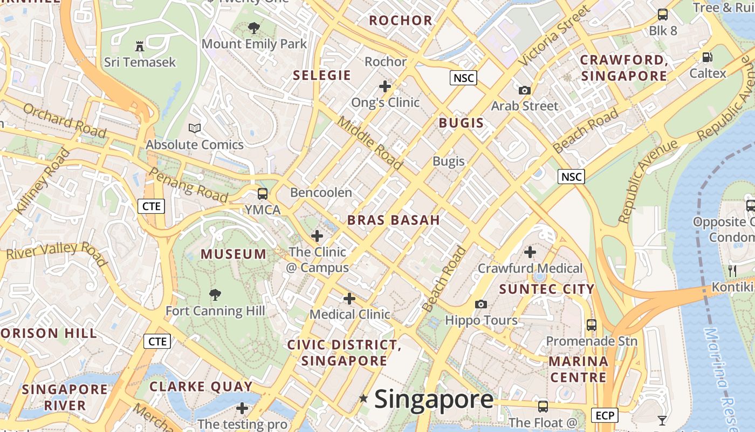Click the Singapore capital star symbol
(364, 399)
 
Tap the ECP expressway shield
(605, 415)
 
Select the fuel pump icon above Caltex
(708, 57)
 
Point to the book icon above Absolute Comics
(195, 129)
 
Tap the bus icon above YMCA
(263, 193)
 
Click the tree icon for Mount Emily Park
(254, 28)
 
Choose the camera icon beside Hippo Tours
(481, 305)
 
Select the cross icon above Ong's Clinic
(385, 86)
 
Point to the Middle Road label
(370, 142)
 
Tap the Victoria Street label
(554, 36)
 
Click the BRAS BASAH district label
(394, 220)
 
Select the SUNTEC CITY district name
(547, 289)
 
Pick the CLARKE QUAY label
(201, 387)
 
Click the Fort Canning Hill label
(215, 311)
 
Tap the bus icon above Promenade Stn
(592, 325)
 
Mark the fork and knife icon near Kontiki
(732, 271)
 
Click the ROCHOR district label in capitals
(401, 21)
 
